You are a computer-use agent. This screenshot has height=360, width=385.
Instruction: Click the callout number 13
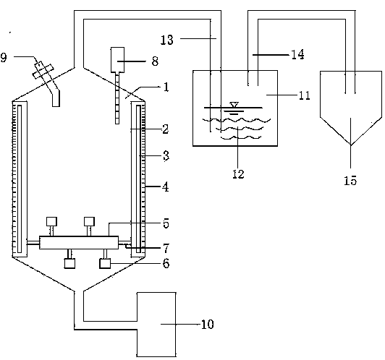166,40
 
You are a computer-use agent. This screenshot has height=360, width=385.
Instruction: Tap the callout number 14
298,54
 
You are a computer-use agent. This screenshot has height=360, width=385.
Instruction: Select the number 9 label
4,57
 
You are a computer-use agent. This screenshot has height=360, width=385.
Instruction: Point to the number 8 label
155,61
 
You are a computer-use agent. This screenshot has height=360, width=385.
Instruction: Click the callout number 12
238,174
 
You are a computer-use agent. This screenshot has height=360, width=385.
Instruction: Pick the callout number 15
350,181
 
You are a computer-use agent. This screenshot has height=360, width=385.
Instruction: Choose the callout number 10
208,325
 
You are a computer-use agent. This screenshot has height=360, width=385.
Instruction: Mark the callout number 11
305,95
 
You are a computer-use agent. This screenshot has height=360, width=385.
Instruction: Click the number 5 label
166,224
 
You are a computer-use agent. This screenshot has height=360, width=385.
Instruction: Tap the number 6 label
166,264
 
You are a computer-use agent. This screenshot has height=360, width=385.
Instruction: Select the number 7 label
166,248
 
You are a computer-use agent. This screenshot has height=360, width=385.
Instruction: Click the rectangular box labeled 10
156,324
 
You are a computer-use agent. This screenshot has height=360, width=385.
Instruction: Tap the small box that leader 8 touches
117,60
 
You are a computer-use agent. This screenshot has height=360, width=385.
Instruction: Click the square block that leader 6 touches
105,264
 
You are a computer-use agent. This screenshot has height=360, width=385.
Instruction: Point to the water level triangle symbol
234,105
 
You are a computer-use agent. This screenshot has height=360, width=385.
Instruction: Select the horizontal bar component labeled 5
79,243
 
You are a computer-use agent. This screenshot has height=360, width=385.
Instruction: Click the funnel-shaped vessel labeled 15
350,108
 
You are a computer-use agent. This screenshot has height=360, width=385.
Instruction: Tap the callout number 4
166,187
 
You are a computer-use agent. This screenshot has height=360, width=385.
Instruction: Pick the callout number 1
166,87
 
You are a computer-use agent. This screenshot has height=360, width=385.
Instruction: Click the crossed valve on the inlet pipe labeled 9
43,72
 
